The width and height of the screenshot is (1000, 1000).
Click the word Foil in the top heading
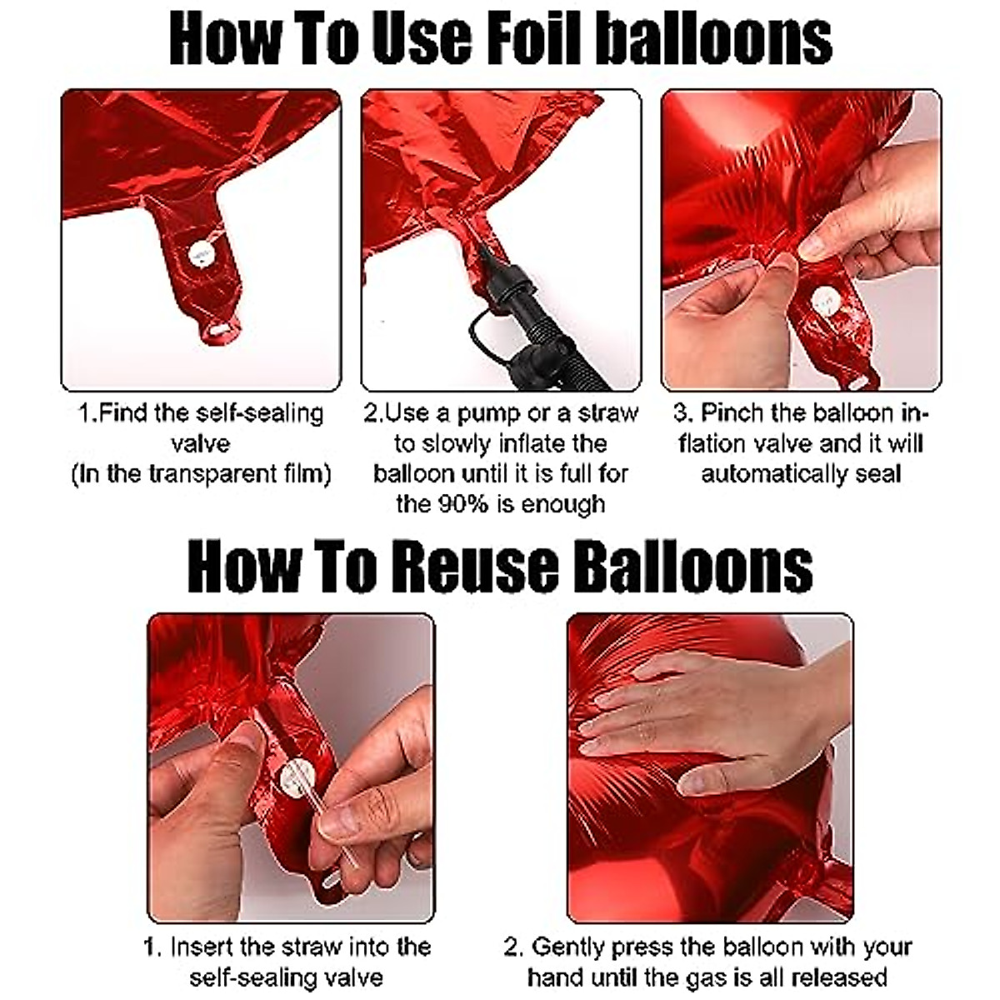(x=534, y=40)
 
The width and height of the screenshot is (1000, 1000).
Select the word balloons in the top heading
(x=713, y=40)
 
